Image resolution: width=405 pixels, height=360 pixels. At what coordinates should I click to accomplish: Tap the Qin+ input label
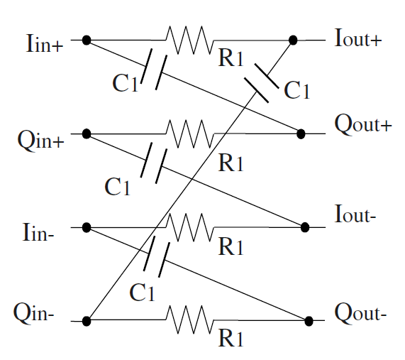[40, 138]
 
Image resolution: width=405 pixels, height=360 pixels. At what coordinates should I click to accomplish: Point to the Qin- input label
[40, 312]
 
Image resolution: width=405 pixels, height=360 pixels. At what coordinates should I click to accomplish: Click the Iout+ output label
[358, 39]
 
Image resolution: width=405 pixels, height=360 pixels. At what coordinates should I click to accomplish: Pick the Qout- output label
[360, 313]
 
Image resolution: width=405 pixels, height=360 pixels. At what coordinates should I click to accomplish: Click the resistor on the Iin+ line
[189, 40]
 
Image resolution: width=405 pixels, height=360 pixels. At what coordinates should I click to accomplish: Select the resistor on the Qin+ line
[189, 133]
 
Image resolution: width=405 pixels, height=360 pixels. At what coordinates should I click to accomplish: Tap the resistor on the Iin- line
[189, 227]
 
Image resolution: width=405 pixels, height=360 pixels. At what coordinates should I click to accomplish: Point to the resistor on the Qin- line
[189, 321]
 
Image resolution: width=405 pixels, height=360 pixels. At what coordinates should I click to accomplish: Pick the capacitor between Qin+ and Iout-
[154, 163]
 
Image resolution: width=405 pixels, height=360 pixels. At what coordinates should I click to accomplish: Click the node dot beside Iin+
[87, 40]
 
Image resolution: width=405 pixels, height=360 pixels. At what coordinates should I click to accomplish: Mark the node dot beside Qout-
[309, 321]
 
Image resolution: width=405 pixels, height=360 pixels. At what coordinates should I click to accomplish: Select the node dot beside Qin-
[87, 321]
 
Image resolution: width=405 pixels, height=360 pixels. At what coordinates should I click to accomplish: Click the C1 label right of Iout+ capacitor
[296, 90]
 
